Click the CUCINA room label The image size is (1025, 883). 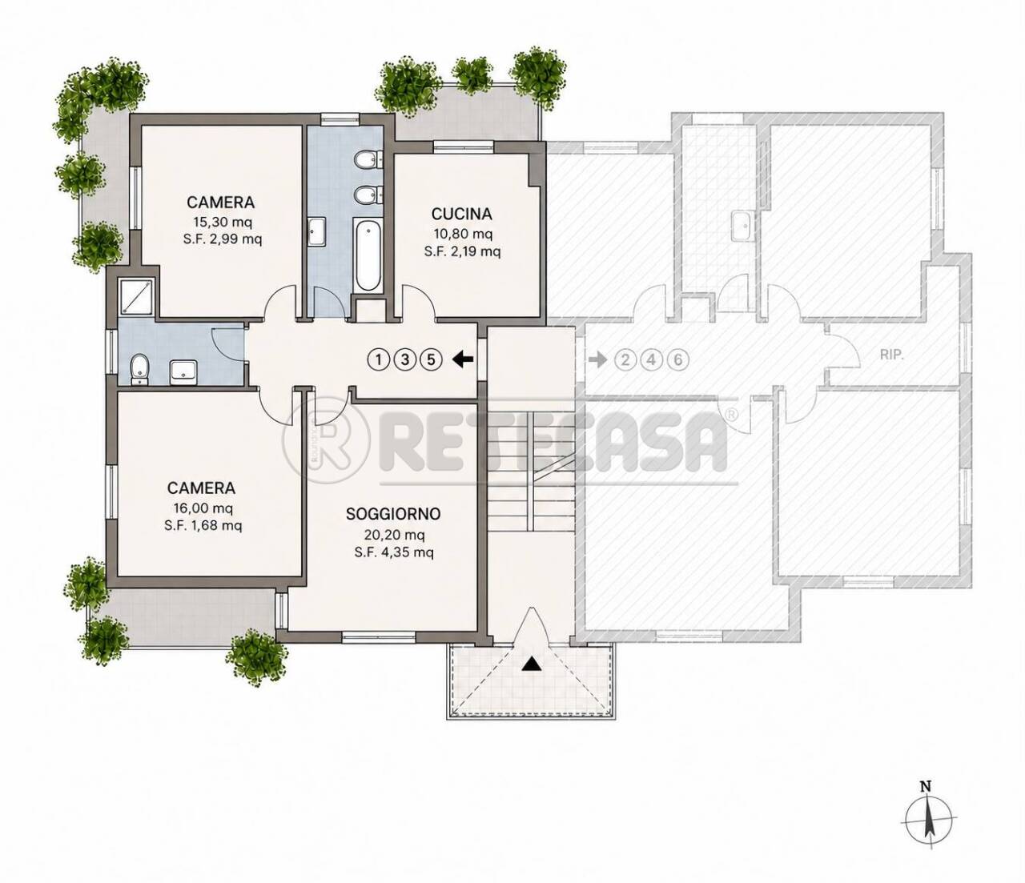[461, 215]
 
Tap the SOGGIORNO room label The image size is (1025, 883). [392, 514]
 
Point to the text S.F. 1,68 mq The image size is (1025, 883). [203, 525]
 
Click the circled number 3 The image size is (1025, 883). [404, 359]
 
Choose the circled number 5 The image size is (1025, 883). [431, 359]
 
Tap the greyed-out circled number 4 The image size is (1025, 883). [652, 359]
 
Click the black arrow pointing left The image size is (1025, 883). [463, 359]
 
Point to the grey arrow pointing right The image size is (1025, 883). [598, 359]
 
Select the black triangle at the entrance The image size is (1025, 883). [531, 664]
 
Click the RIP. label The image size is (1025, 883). [891, 355]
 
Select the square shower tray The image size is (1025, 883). [137, 295]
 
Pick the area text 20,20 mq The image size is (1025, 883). [394, 535]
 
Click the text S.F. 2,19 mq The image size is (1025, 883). [462, 251]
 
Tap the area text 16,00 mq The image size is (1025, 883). [203, 508]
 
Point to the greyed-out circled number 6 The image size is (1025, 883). [678, 359]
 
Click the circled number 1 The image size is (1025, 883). [379, 359]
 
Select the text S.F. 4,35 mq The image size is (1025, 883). [394, 552]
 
